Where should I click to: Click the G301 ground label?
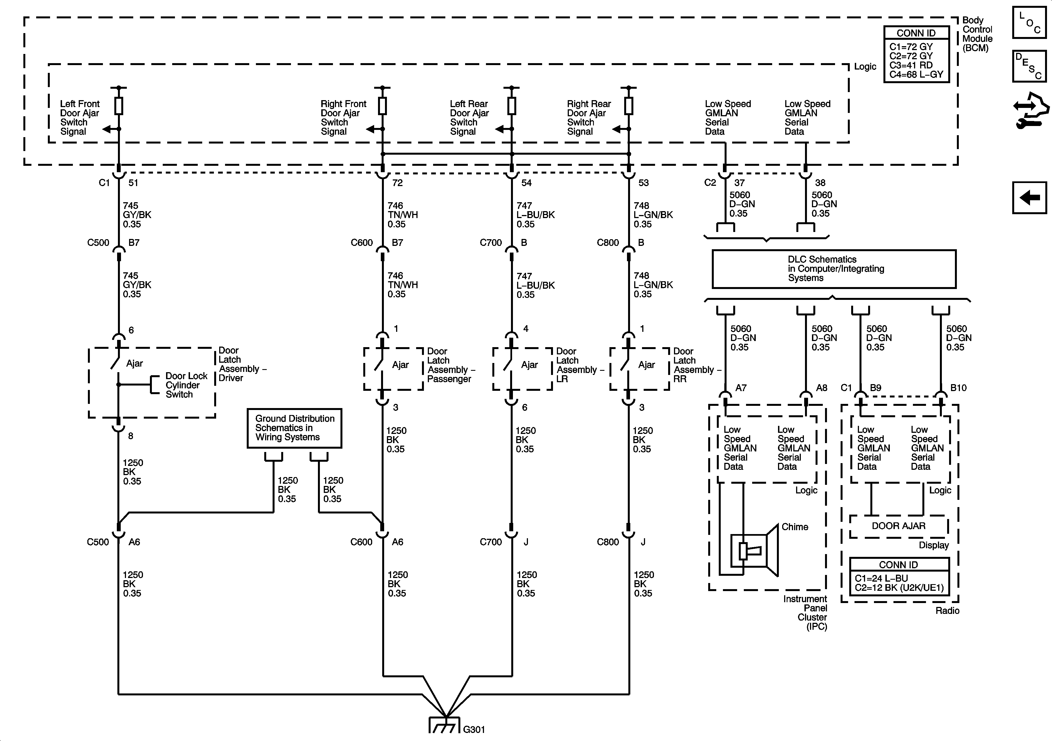[x=474, y=729]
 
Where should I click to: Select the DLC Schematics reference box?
[x=834, y=269]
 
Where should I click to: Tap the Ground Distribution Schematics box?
[x=295, y=428]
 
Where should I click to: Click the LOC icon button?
[x=1029, y=22]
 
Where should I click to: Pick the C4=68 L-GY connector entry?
[x=916, y=74]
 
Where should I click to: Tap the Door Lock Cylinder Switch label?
[x=186, y=385]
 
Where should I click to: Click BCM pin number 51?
[x=133, y=183]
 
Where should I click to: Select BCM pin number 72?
[x=397, y=183]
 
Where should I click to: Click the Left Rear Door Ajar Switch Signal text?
[x=469, y=118]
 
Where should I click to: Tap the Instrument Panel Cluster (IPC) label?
[x=805, y=613]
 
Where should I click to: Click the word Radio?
[x=947, y=610]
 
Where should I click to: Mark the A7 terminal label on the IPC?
[x=741, y=388]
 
